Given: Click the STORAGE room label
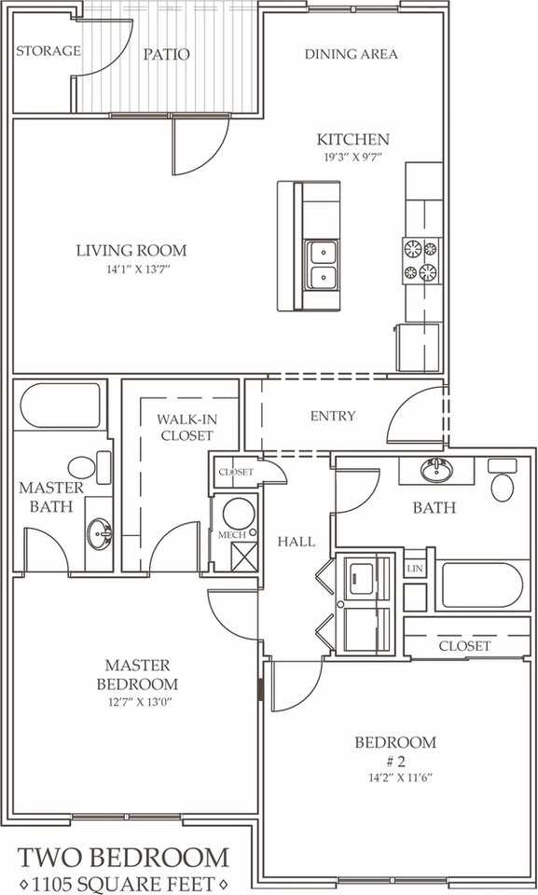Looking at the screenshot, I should [48, 50].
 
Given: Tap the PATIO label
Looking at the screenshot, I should [167, 55].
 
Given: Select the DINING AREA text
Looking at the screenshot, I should [351, 54].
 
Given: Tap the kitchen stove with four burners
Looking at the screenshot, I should [420, 260].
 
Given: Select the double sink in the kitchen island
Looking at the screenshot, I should [322, 264].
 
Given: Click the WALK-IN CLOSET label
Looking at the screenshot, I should [185, 428].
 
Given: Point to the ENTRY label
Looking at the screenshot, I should [333, 416].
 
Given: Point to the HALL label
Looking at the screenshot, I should [296, 541].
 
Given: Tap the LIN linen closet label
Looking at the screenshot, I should [415, 567].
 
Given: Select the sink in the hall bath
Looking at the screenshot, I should [433, 471].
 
